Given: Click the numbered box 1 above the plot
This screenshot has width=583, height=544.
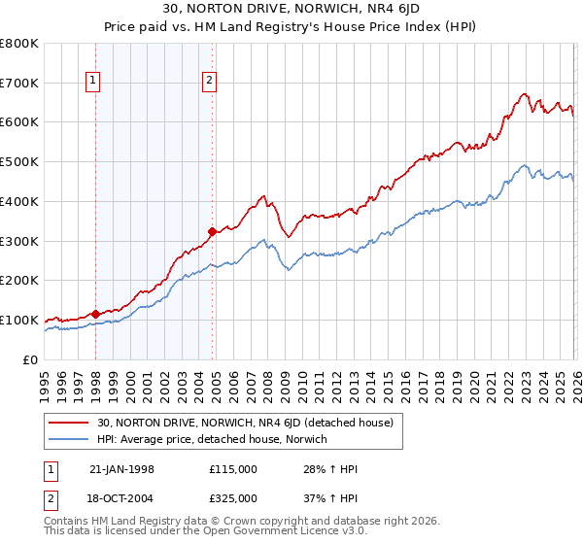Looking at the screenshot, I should click(94, 82).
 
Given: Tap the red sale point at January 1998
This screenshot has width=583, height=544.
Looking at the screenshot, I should click(95, 314).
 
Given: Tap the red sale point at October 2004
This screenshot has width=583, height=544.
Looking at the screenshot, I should click(212, 231).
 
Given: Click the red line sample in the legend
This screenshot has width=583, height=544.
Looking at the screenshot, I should click(69, 423).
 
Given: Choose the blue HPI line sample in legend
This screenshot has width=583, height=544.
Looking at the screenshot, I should click(69, 440).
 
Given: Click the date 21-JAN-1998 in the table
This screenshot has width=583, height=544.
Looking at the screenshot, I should click(121, 469).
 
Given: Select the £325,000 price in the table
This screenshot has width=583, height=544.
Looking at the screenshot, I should click(233, 497).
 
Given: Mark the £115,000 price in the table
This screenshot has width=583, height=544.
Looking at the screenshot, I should click(233, 469).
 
